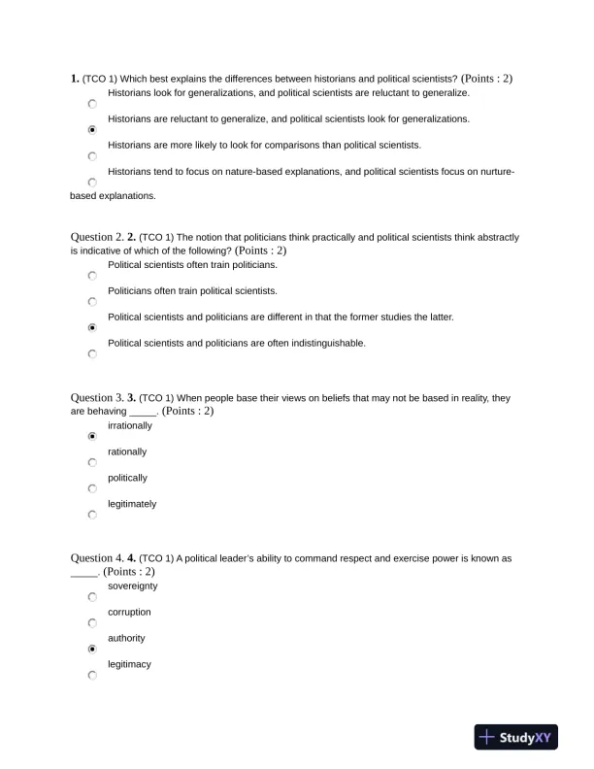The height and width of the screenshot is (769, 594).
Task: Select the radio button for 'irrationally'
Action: point(92,437)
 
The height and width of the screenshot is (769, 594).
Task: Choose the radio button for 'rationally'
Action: point(92,463)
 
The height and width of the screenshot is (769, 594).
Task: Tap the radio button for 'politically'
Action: point(92,488)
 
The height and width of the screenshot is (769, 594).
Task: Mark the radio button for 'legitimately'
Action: point(92,515)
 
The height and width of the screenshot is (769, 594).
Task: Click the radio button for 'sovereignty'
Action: point(92,597)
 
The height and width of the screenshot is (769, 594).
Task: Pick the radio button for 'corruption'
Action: point(92,623)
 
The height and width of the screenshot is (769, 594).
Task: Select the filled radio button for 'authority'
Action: point(92,649)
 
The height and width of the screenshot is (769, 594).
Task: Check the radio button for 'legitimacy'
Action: point(92,675)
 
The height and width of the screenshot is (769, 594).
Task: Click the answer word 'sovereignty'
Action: point(133,586)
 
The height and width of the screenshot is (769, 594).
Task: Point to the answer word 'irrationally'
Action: point(130,426)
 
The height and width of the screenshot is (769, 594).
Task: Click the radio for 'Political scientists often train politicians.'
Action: point(92,276)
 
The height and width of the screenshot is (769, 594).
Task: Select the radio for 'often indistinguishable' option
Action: point(92,354)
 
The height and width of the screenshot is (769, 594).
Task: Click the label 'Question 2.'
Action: point(97,237)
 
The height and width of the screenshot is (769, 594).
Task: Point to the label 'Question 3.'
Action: point(97,398)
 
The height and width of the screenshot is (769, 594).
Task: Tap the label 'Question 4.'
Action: point(97,558)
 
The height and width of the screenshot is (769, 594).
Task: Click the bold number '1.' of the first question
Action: point(75,78)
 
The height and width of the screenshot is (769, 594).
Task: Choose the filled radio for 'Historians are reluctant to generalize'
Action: point(92,129)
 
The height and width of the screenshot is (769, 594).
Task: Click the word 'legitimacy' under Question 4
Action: point(129,664)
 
